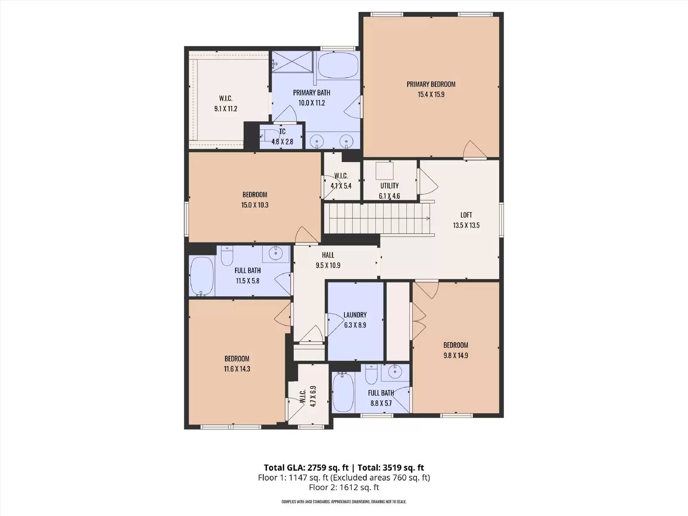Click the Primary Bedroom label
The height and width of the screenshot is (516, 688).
coord(431,84)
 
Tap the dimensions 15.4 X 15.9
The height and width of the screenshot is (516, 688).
coord(431,94)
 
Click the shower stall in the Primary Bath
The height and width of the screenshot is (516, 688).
coord(292,61)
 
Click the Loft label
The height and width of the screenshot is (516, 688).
coord(466,215)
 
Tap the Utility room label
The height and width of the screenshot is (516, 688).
coord(390,186)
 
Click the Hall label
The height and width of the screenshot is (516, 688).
coord(328,255)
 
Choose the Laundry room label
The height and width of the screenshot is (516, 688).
coord(355,315)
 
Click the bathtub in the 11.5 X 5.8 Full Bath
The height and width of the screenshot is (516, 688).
coord(202,276)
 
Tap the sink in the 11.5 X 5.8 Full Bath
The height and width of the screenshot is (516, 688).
coord(276,253)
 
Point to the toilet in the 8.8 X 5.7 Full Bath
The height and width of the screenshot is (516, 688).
coord(372,374)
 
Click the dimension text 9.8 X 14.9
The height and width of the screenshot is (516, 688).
coord(456,356)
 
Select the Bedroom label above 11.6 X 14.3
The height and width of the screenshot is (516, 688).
coord(237,359)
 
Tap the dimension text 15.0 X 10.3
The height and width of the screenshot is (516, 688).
coord(255,205)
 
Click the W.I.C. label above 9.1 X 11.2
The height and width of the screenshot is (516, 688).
coord(226,98)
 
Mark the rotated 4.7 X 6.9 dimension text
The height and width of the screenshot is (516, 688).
coord(313,396)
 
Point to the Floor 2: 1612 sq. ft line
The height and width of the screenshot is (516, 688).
coord(344,488)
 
